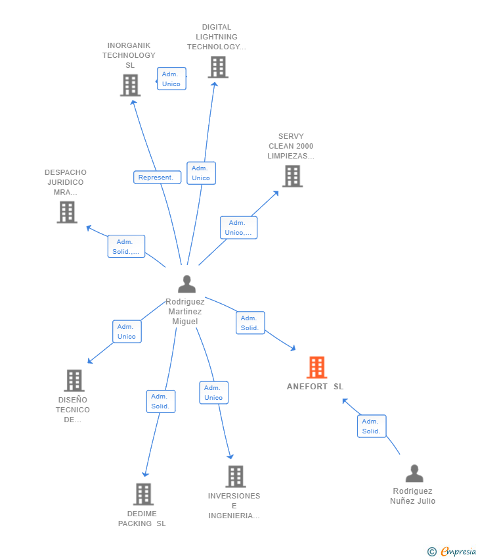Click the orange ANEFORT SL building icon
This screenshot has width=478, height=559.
click(x=316, y=368)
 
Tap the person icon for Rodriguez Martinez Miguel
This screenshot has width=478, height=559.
click(x=187, y=284)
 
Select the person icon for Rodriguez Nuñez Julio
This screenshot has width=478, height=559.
click(x=414, y=474)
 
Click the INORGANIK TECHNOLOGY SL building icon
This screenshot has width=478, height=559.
click(x=131, y=85)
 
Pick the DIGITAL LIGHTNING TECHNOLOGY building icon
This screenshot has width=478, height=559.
click(x=217, y=67)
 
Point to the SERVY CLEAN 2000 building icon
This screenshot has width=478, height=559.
click(x=292, y=176)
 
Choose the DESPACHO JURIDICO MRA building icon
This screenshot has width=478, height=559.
click(x=67, y=212)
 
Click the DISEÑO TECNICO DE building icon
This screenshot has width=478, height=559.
click(x=74, y=381)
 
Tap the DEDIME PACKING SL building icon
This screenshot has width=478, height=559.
click(x=143, y=494)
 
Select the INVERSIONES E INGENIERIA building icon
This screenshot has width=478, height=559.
click(x=235, y=476)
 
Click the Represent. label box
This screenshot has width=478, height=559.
click(x=157, y=178)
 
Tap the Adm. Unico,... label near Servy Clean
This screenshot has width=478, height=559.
click(x=238, y=228)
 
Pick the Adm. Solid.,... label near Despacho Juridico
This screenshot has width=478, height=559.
click(x=126, y=247)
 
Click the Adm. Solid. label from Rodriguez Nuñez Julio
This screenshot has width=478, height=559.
click(x=371, y=426)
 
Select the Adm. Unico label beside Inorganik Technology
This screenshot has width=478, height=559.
click(x=171, y=79)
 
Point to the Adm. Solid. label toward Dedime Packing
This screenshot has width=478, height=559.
click(x=160, y=401)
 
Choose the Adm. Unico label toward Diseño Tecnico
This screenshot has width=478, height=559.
click(x=126, y=331)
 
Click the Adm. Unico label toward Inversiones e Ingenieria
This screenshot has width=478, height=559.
click(x=213, y=393)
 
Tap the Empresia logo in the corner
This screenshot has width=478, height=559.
click(x=452, y=551)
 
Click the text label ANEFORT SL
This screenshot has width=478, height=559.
click(x=315, y=387)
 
